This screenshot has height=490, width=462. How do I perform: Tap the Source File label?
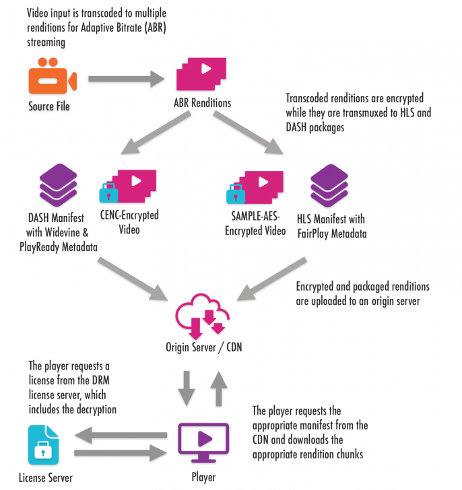pyautogui.click(x=48, y=106)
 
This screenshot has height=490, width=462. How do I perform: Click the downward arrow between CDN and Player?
pyautogui.click(x=185, y=386)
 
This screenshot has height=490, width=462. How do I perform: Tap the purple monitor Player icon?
pyautogui.click(x=203, y=440)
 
